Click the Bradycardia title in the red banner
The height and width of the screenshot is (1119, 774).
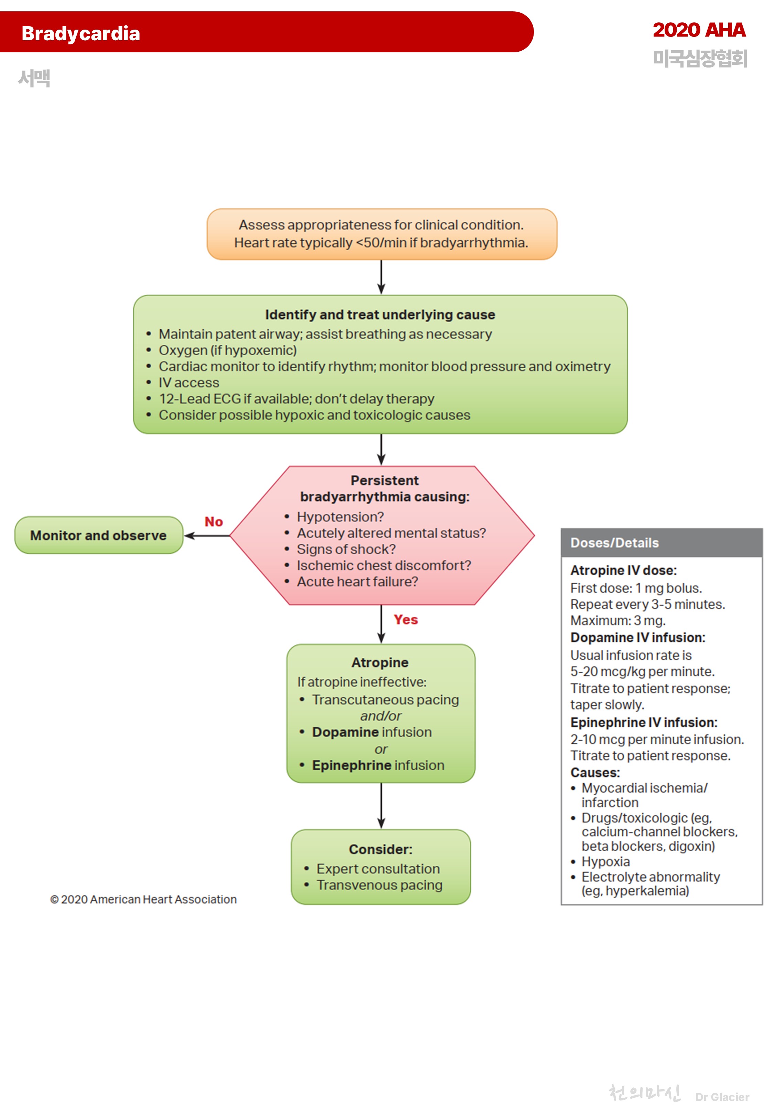[80, 33]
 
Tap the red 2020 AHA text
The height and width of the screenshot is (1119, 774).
[698, 30]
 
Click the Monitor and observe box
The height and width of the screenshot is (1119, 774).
[98, 535]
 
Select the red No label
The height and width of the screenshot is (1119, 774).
[213, 522]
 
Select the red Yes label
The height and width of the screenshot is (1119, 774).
[406, 620]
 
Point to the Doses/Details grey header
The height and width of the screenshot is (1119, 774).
[614, 543]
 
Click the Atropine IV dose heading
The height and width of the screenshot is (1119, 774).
[623, 570]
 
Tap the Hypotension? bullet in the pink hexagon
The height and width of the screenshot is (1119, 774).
[340, 517]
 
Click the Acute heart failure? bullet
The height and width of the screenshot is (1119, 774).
[357, 581]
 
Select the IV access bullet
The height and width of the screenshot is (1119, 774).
[189, 383]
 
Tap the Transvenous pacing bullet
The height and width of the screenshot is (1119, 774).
[379, 885]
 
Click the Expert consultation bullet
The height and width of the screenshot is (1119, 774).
[378, 869]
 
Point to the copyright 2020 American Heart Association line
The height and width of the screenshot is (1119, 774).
[143, 899]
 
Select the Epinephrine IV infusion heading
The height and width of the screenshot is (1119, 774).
[644, 723]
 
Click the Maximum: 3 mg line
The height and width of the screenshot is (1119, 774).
[617, 621]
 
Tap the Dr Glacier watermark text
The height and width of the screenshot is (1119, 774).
[722, 1097]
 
